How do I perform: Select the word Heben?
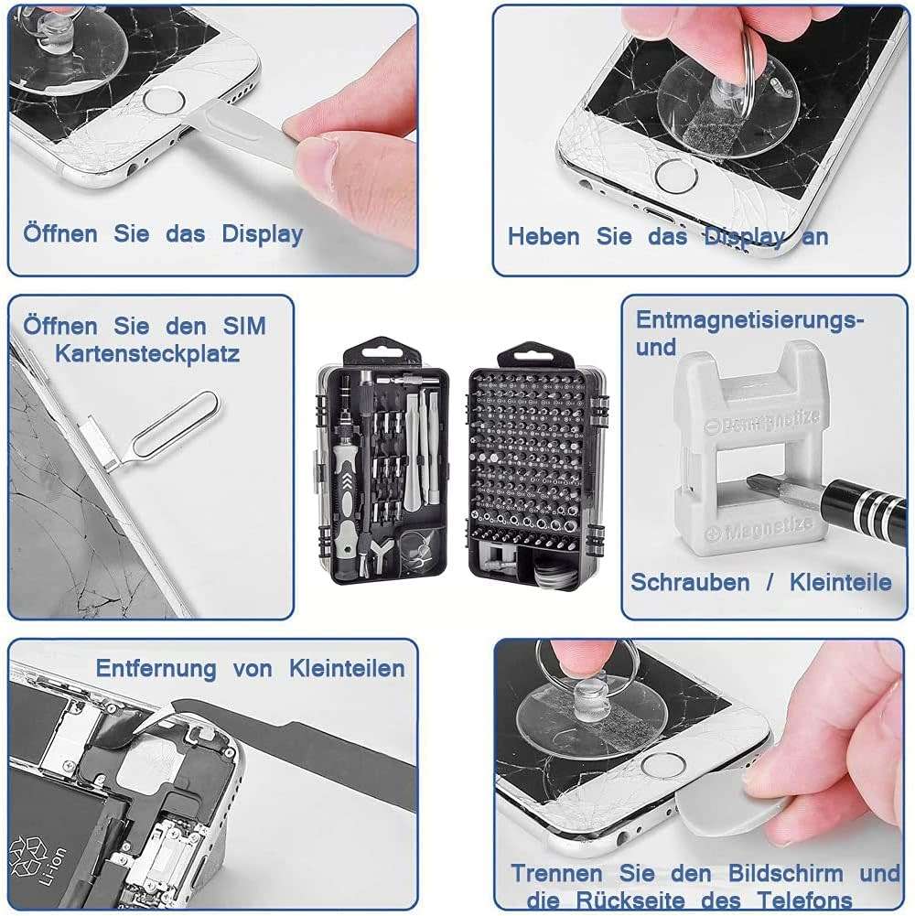point(544,236)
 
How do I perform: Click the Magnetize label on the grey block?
point(760,531)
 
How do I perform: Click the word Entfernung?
point(156,668)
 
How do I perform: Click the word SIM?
point(244,326)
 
